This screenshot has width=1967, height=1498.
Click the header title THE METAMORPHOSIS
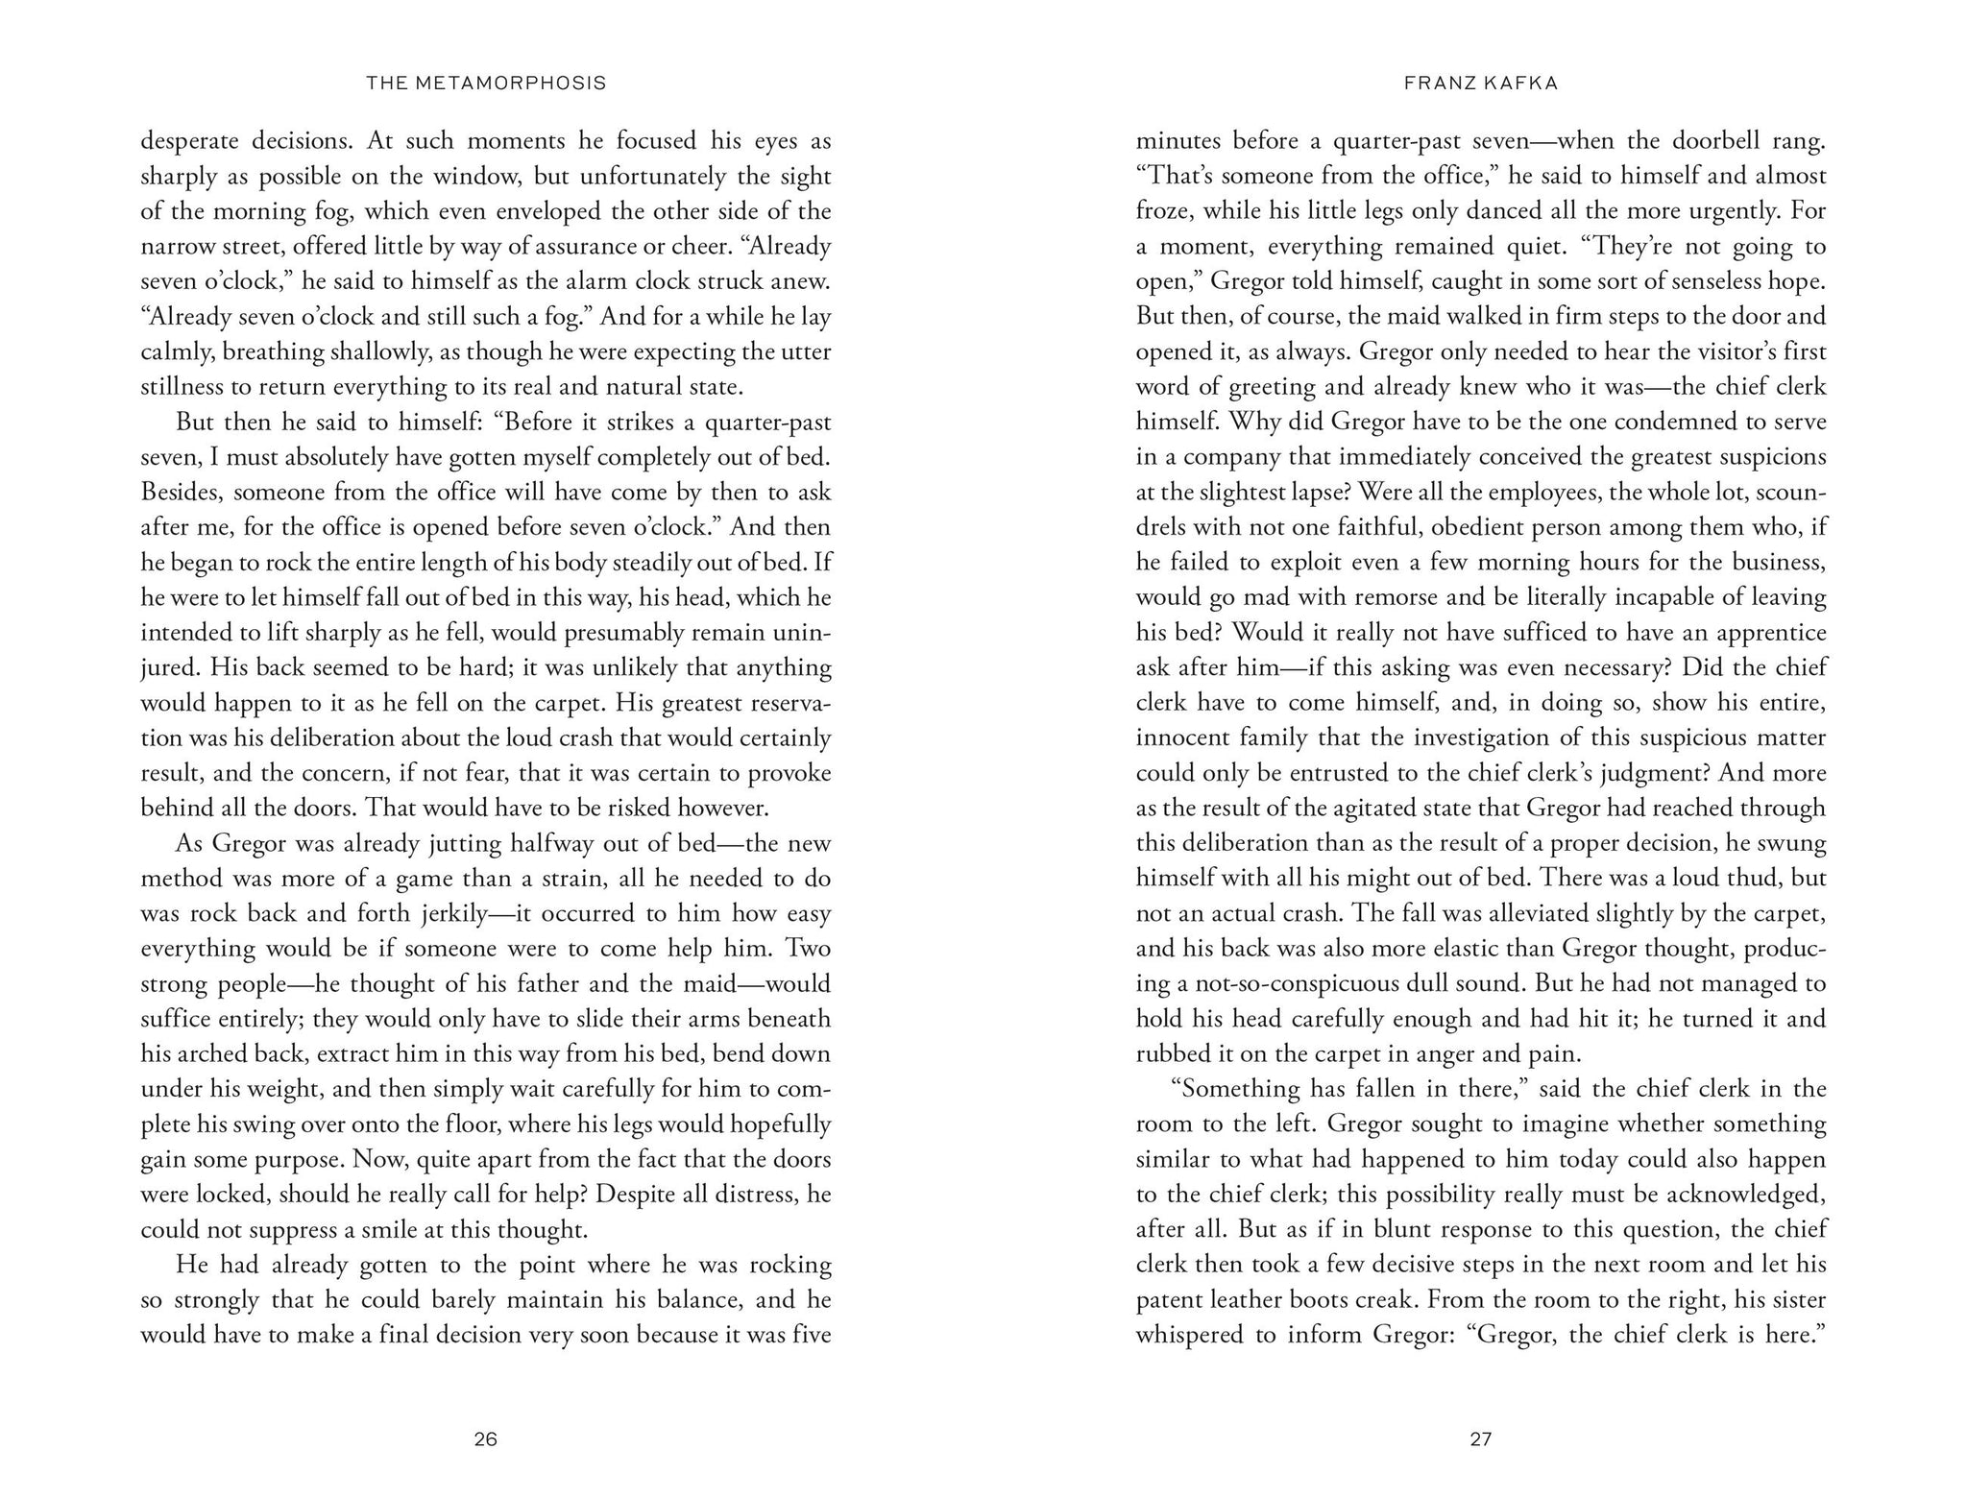(x=486, y=84)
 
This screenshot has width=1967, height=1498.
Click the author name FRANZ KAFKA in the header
(x=1481, y=84)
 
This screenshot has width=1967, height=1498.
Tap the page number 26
(x=486, y=1439)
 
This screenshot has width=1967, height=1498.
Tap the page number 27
(x=1481, y=1439)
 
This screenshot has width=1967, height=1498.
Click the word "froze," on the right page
(x=1163, y=211)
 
